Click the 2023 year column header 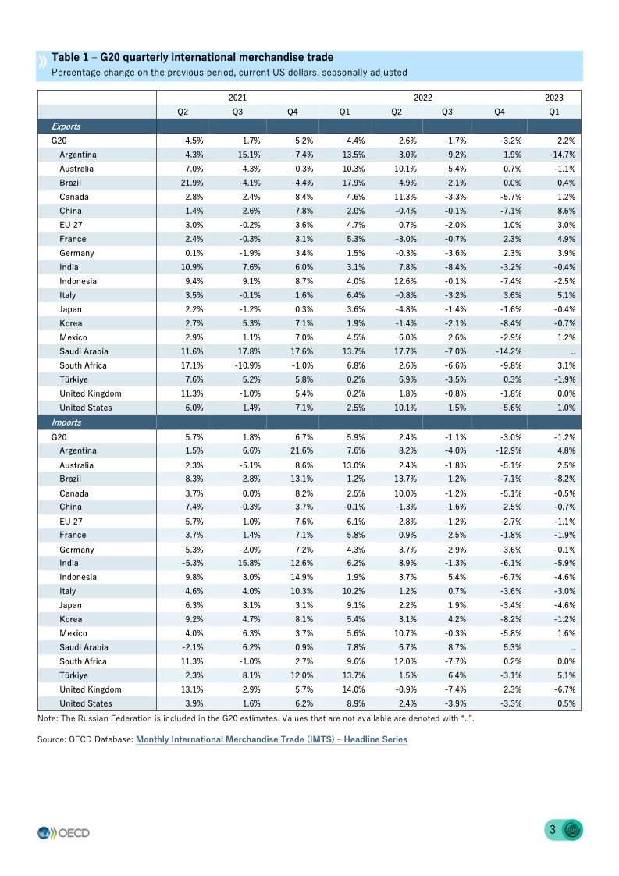click(553, 98)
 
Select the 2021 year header click(237, 98)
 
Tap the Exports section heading click(66, 126)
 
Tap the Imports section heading click(66, 422)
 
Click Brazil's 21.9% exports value click(193, 183)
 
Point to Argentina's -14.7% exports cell click(562, 155)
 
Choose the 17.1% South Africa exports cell click(193, 365)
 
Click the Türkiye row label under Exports click(73, 379)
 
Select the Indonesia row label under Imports click(78, 577)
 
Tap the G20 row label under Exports click(59, 141)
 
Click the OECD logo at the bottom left click(63, 832)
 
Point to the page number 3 click(553, 830)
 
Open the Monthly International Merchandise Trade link click(271, 739)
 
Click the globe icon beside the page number click(573, 831)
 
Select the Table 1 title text click(192, 58)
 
